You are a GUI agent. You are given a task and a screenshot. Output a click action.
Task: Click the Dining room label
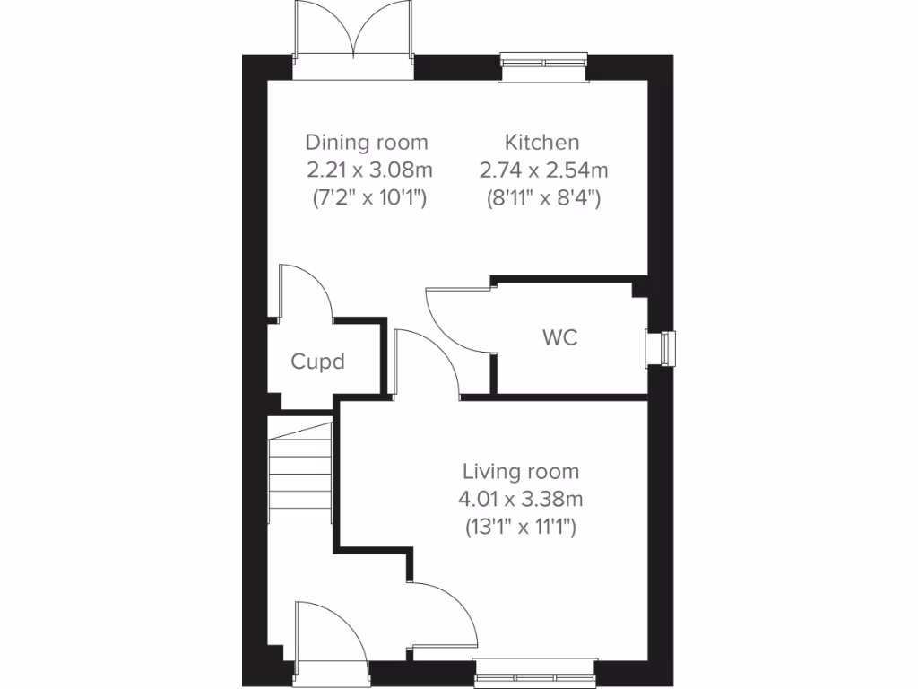(x=367, y=142)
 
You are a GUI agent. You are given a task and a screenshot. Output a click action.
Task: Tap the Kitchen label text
(x=541, y=142)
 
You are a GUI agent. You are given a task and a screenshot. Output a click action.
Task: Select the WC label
(x=559, y=337)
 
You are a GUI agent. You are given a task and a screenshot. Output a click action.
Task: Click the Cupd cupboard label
(x=317, y=362)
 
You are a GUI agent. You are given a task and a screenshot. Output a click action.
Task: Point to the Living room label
(x=520, y=471)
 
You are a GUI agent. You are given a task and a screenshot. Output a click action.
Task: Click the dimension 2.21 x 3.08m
(x=367, y=170)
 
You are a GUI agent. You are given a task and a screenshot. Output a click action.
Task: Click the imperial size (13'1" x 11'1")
(x=520, y=527)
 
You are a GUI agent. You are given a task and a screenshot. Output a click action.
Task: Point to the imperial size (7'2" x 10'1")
(x=367, y=197)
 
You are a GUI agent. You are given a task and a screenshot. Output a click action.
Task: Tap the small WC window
(x=662, y=348)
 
